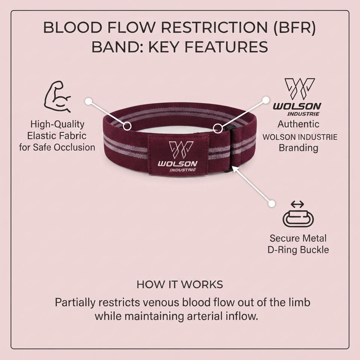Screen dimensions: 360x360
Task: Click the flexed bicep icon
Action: pos(57,96)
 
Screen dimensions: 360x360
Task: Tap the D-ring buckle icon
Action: pos(298,218)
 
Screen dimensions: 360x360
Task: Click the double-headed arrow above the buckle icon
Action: pos(297,204)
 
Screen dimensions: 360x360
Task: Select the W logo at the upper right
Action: pos(300,89)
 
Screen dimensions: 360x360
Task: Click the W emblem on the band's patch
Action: pos(181,150)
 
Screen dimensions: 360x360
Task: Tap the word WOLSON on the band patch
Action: pos(177,164)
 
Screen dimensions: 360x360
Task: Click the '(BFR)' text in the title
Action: pos(294,27)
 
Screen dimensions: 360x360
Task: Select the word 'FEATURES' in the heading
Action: pos(226,47)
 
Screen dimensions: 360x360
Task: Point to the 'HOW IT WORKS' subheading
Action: pos(180,285)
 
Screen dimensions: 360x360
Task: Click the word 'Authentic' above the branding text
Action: pos(298,124)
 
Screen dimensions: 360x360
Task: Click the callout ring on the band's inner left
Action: pos(127,126)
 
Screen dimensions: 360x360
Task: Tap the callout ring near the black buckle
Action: pos(217,128)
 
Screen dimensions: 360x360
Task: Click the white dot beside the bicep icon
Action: pos(88,101)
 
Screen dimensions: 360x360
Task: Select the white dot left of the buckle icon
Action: pos(271,204)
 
